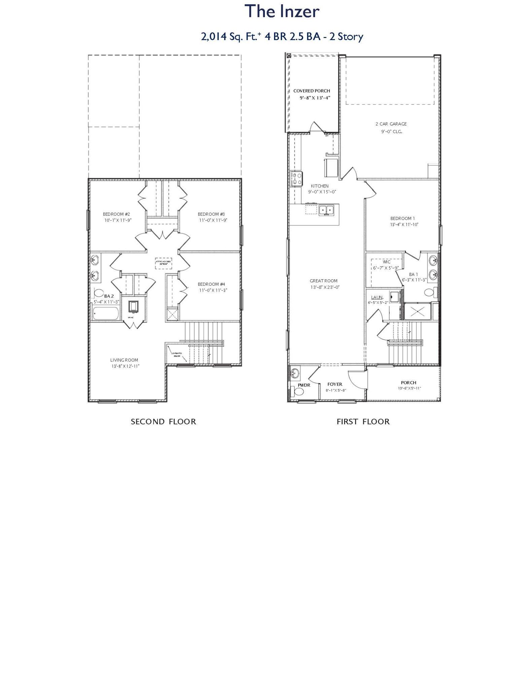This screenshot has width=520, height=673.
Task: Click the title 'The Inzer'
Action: (281, 11)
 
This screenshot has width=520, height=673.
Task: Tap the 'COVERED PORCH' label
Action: (311, 91)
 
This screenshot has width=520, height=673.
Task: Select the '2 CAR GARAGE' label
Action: (391, 124)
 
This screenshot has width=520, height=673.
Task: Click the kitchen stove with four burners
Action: (297, 178)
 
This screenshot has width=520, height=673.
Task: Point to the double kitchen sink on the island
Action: (326, 210)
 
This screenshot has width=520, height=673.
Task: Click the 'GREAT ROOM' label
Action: (323, 281)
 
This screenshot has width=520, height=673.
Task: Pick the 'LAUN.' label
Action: (377, 297)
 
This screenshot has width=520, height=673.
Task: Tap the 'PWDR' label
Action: (304, 385)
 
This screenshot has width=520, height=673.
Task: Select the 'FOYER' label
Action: (335, 384)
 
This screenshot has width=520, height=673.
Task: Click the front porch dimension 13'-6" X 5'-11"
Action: (409, 388)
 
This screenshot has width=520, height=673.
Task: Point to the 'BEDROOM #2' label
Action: (116, 214)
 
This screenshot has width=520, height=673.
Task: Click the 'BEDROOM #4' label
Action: (211, 284)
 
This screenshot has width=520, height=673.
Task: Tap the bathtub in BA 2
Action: (105, 314)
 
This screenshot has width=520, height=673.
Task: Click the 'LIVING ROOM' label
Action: (124, 360)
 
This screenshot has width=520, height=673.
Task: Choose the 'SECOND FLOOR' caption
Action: (163, 422)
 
